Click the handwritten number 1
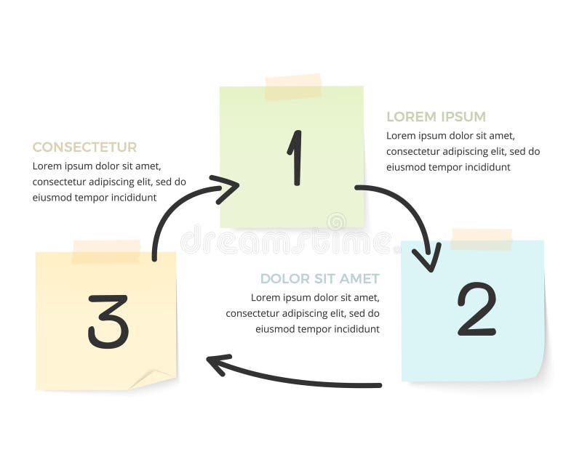(295, 157)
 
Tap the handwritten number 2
(477, 310)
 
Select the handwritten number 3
(108, 321)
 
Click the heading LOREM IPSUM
(436, 117)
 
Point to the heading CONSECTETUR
(84, 147)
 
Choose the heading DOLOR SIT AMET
(319, 279)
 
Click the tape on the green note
(292, 87)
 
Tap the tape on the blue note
(481, 239)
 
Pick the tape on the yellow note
(106, 251)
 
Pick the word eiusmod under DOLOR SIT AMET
(274, 329)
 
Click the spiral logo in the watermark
(336, 221)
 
